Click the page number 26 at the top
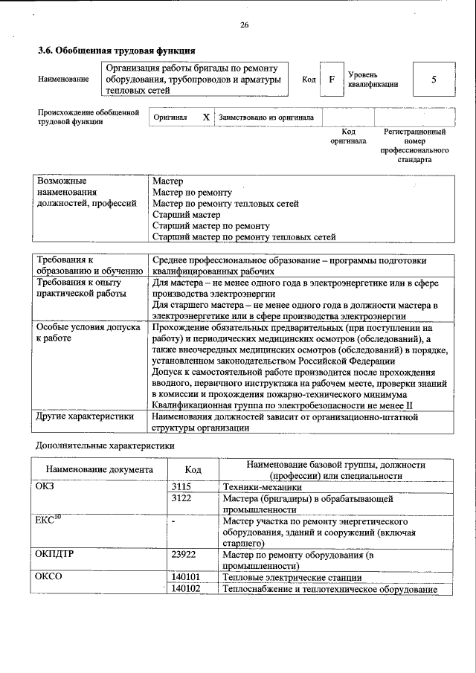click(244, 25)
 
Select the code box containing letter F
click(332, 80)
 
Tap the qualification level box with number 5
click(434, 80)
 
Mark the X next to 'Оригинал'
click(206, 117)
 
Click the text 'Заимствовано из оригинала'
click(266, 117)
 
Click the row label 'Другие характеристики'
click(84, 416)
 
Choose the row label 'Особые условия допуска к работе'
click(88, 332)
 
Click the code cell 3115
click(181, 486)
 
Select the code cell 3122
click(181, 498)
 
